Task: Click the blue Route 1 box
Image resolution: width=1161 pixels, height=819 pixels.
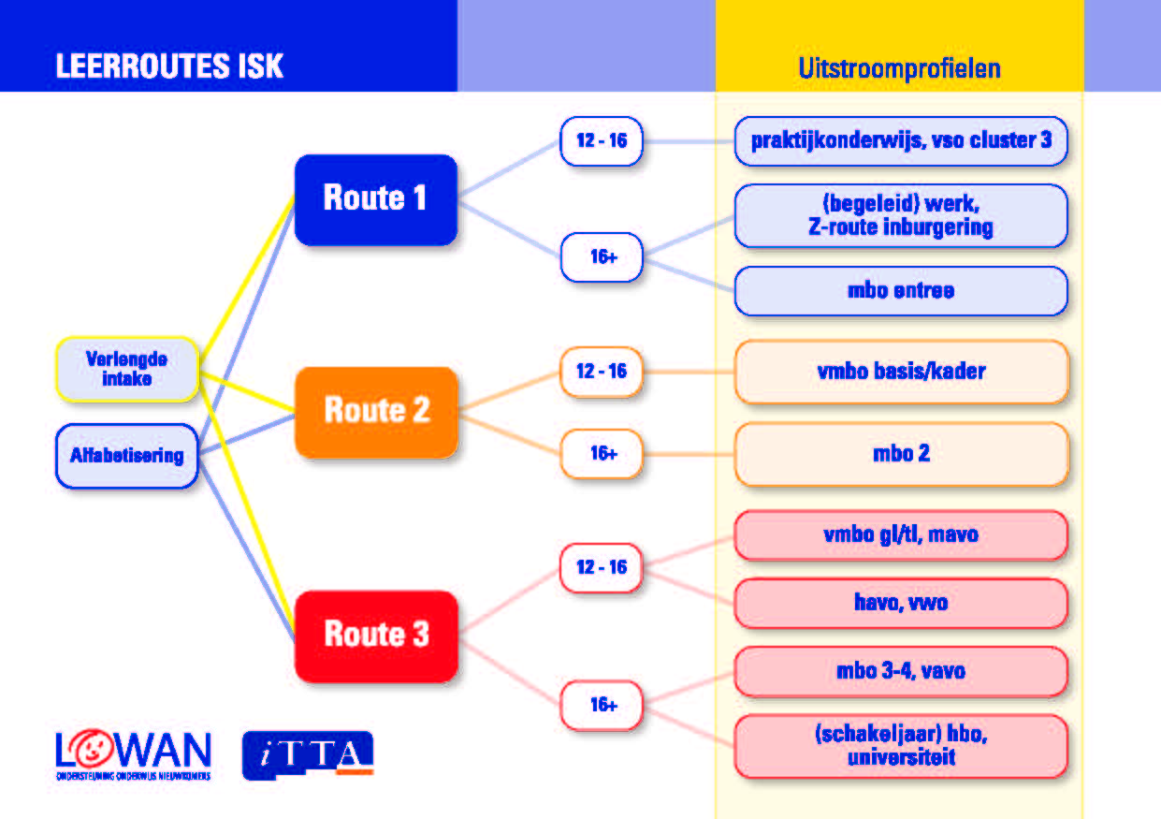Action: [x=375, y=198]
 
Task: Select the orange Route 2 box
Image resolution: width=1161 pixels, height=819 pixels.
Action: [x=376, y=411]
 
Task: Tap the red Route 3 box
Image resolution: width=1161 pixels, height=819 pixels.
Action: [x=376, y=635]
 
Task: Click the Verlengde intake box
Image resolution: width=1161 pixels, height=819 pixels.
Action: [x=127, y=369]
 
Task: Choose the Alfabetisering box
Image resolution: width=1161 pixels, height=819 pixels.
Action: [x=127, y=457]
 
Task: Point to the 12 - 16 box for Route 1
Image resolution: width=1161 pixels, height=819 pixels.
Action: [x=602, y=141]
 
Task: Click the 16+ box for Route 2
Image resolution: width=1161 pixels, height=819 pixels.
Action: [x=602, y=454]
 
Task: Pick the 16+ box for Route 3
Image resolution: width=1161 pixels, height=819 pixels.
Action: [x=602, y=705]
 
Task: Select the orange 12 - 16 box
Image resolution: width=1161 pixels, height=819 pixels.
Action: [x=602, y=372]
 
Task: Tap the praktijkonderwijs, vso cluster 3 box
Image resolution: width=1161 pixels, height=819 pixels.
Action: [x=901, y=141]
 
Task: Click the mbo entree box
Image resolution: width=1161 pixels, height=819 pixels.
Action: [x=901, y=291]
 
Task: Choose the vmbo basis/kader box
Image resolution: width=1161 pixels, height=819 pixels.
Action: [x=901, y=372]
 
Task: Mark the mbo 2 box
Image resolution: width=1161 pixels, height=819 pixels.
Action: [x=901, y=454]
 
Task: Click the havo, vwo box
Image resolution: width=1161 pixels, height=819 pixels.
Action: [x=901, y=603]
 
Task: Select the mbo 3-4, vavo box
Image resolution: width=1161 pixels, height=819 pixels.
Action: [x=901, y=671]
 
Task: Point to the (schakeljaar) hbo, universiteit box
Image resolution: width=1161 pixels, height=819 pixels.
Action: [x=901, y=746]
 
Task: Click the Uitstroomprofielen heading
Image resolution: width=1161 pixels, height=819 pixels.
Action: [x=899, y=68]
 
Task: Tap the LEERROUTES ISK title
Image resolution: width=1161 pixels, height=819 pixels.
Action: [x=169, y=67]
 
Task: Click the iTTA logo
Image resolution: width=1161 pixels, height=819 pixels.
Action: [x=308, y=754]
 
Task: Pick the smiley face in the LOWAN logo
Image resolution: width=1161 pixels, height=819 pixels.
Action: [x=96, y=751]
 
